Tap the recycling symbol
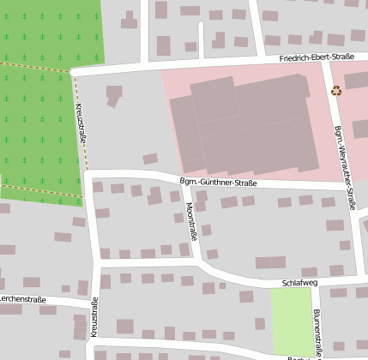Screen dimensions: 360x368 (336, 90)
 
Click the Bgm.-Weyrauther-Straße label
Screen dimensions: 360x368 (341, 163)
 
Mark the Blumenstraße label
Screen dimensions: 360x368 (317, 330)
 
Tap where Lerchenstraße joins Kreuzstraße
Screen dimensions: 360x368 (92, 304)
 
